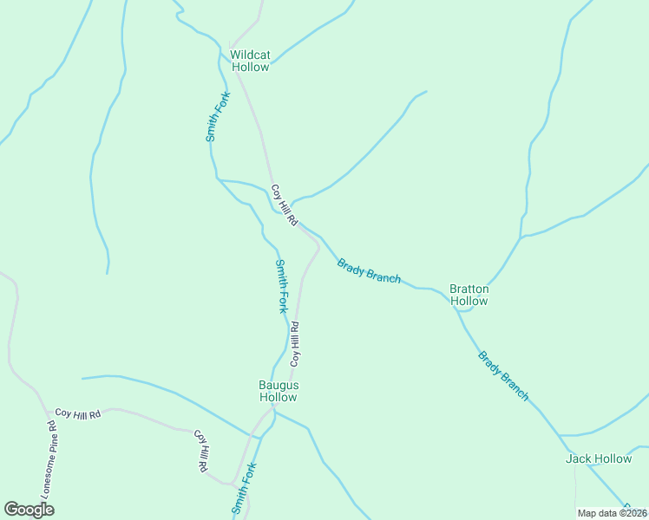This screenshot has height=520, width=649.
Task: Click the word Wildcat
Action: (250, 55)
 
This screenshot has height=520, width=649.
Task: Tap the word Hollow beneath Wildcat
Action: (250, 67)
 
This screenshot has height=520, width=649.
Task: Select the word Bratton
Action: (469, 289)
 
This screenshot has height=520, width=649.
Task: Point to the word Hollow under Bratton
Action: (469, 301)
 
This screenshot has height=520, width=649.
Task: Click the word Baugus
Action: (278, 385)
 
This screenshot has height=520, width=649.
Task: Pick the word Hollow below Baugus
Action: (278, 397)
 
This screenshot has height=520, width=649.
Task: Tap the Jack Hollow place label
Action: (599, 458)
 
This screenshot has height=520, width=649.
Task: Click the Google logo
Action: (29, 510)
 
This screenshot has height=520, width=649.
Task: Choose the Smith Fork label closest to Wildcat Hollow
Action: (217, 116)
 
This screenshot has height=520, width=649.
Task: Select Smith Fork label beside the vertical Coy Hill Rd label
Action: (281, 286)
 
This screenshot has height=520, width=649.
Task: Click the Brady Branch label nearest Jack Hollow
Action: (503, 375)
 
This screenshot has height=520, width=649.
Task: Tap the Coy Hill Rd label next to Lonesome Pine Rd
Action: (78, 414)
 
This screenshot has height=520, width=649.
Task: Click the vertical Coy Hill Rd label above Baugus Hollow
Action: (295, 343)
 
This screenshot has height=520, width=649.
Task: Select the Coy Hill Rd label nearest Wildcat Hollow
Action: (284, 205)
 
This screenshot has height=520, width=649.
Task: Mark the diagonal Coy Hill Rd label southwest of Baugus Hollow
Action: (200, 451)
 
